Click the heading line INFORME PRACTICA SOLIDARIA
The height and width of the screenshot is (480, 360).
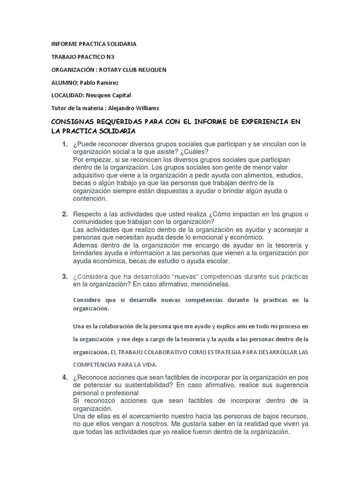(x=94, y=44)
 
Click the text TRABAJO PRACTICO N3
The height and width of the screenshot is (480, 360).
(x=82, y=57)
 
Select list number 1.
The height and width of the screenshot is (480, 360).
(x=65, y=144)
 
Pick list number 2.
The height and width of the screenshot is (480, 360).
(x=65, y=214)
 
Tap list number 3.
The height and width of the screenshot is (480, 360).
(x=65, y=277)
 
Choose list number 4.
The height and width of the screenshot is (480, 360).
(x=65, y=377)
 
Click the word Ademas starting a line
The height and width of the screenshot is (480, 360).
(x=86, y=245)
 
